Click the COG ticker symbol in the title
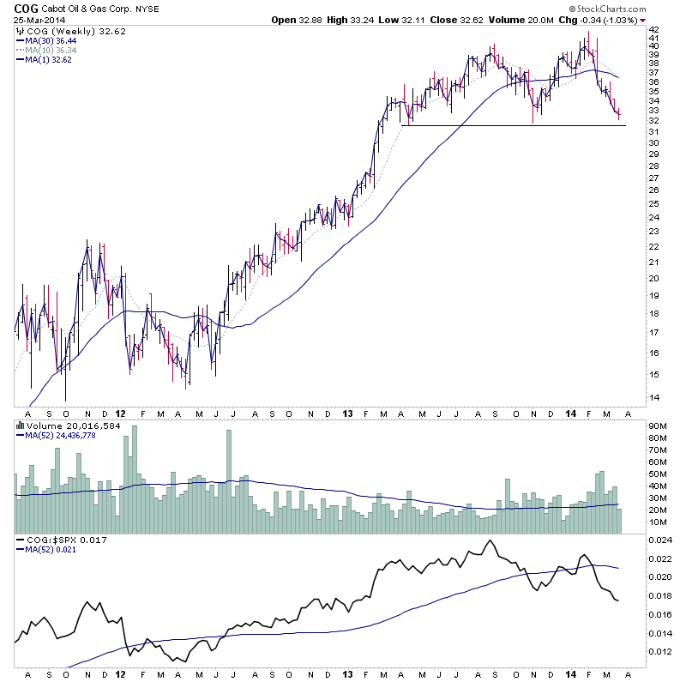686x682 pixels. pos(25,8)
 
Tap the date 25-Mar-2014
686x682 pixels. pos(35,19)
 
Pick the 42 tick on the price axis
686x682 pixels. pos(653,28)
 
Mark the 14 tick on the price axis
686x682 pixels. pos(653,397)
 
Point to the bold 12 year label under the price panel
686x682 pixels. pos(120,413)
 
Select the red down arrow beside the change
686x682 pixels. pos(643,19)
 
